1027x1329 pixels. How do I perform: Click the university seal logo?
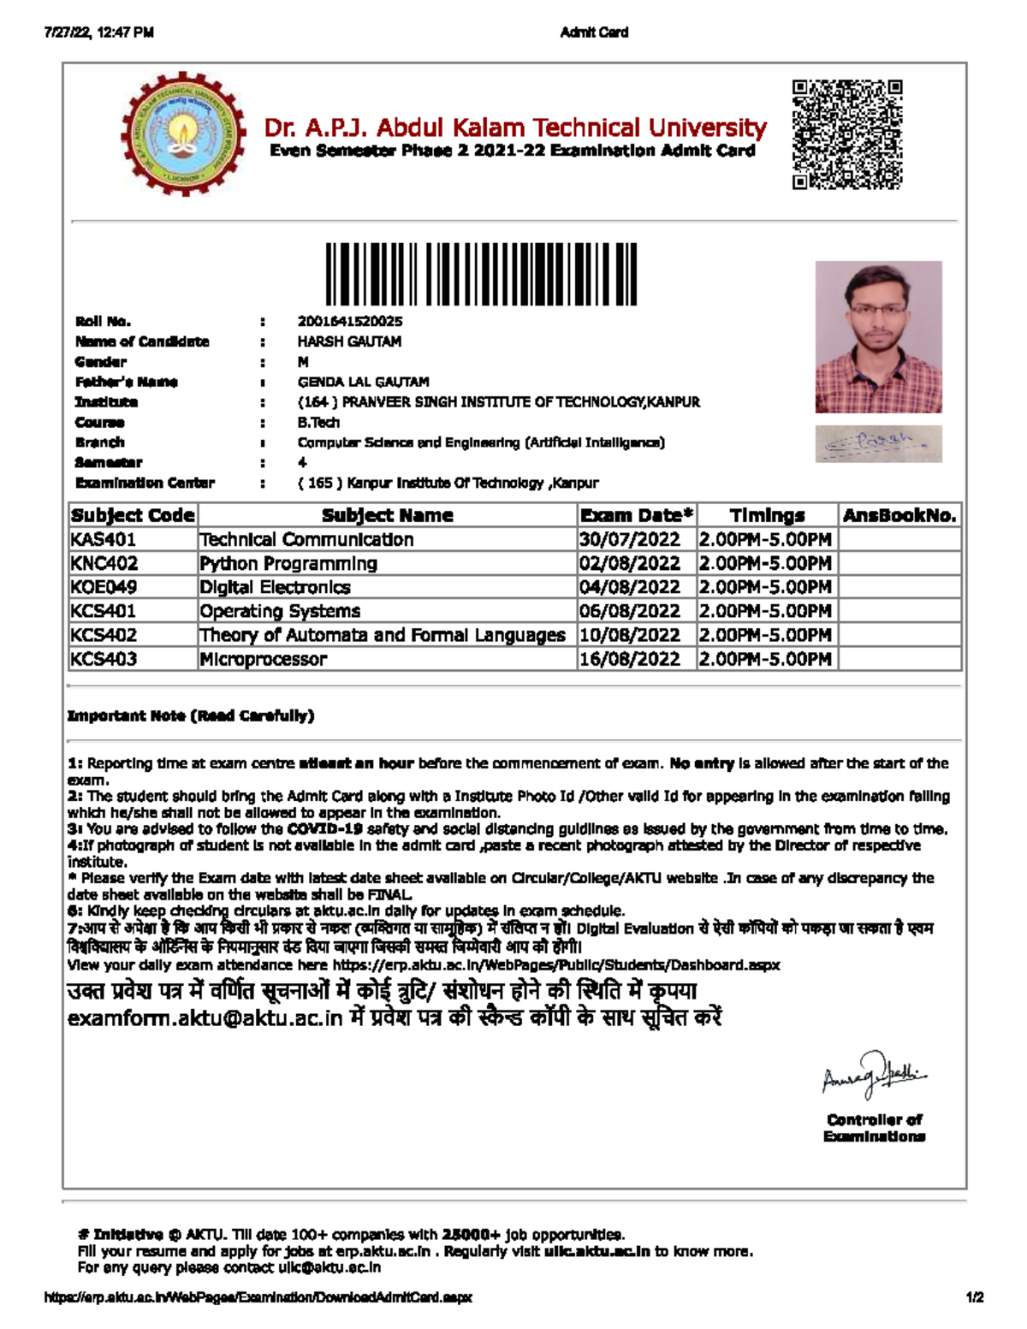coord(183,133)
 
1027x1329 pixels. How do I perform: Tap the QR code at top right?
coord(846,134)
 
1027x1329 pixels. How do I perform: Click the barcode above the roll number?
coord(481,274)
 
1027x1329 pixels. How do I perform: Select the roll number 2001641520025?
coord(349,322)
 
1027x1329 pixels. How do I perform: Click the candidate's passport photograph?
coord(878,336)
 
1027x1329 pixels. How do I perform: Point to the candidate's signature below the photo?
coord(878,444)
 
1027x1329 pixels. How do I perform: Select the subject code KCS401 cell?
coord(104,611)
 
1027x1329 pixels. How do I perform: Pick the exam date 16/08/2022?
coord(630,659)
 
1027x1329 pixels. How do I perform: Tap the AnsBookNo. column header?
coord(899,515)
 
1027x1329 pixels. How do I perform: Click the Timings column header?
coord(767,515)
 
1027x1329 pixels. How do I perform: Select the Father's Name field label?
coord(126,382)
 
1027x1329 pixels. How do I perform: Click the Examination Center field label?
coord(145,483)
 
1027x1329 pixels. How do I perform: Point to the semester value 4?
coord(302,462)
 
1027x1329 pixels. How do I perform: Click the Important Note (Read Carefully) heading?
coord(190,715)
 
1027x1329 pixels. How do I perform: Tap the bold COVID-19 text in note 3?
coord(325,829)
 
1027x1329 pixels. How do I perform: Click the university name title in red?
coord(515,128)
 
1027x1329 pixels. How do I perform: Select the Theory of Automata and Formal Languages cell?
coord(382,635)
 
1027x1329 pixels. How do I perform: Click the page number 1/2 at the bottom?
coord(974,1297)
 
